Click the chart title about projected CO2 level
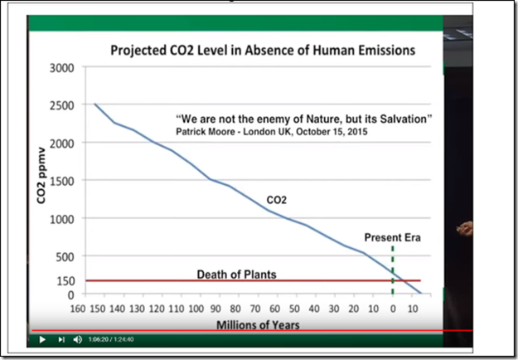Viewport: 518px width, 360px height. (x=264, y=51)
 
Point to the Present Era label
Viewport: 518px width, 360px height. (x=393, y=237)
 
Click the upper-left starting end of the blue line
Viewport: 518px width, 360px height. (x=94, y=105)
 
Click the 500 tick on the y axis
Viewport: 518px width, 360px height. (x=65, y=257)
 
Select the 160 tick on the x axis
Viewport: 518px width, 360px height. (x=78, y=309)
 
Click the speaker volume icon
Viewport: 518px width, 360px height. (x=78, y=339)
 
